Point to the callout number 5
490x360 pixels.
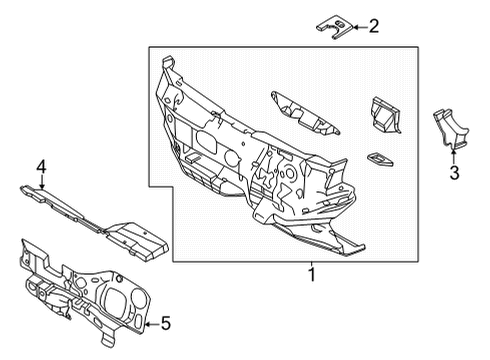166,322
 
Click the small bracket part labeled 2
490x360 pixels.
335,25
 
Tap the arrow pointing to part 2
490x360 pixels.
356,27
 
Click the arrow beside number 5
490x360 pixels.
150,322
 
